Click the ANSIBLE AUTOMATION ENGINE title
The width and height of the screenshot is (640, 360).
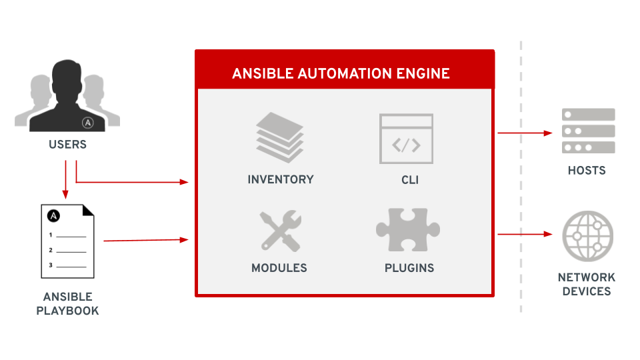[x=341, y=73]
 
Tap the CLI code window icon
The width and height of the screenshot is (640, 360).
[x=406, y=139]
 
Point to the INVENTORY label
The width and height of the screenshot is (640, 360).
[x=280, y=179]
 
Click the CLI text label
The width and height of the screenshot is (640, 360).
[x=409, y=179]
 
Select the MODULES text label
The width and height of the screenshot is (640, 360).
[x=279, y=268]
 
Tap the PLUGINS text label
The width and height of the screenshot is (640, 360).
[x=409, y=268]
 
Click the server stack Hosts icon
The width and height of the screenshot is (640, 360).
[x=587, y=131]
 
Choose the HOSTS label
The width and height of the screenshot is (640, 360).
[x=587, y=171]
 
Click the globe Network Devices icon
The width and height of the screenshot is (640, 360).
[x=587, y=237]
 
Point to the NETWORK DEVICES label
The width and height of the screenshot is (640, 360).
[x=587, y=284]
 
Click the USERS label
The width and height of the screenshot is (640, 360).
[x=67, y=144]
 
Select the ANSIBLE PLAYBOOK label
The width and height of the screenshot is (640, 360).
[x=67, y=303]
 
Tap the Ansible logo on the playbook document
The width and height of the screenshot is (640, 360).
[x=54, y=216]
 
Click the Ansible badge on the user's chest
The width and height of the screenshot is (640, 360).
[x=87, y=122]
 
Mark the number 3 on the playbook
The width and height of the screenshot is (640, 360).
[x=51, y=265]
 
